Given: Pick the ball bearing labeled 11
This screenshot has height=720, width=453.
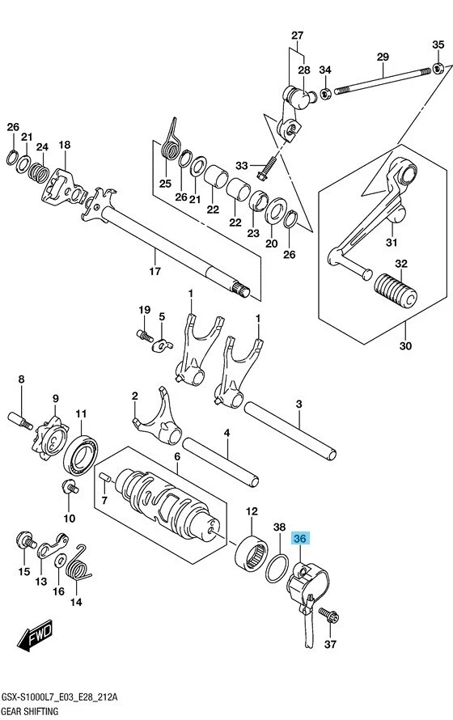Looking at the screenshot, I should tap(83, 453).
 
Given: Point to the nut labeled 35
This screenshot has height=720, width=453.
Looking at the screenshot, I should tap(438, 67).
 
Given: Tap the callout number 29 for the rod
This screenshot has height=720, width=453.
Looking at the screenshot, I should tap(383, 57).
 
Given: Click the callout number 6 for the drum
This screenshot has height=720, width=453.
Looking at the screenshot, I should tap(176, 457).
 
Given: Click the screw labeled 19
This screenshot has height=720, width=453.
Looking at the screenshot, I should tap(144, 333).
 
